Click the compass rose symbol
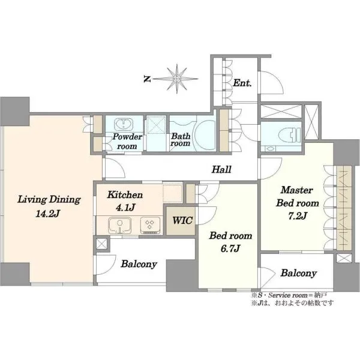point(176,79)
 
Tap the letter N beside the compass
point(147,79)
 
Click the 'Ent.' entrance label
point(242,83)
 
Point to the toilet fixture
point(290,135)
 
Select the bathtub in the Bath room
point(205,135)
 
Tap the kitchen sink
point(119,225)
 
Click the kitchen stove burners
point(150,224)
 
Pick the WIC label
point(182,220)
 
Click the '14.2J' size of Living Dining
point(47,214)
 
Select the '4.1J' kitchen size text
point(125,208)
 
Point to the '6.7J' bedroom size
point(230,248)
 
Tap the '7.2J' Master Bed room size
point(298,215)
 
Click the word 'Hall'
point(221,169)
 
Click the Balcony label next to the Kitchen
point(139,264)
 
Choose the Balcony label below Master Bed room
point(298,273)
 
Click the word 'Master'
point(296,190)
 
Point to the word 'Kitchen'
point(125,194)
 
